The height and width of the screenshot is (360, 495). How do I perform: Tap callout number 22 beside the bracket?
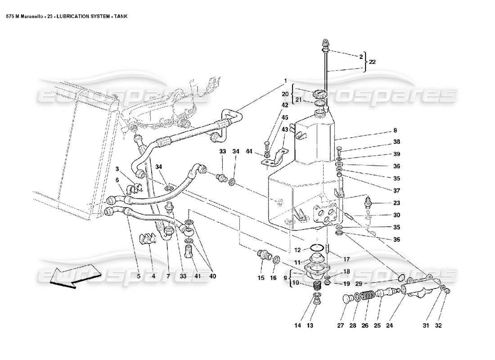[x=372, y=63]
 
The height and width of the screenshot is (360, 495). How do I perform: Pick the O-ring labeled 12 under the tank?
[x=317, y=247]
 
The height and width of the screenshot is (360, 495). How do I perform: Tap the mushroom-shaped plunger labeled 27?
[x=347, y=299]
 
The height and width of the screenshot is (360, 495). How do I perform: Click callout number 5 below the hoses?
[x=139, y=276]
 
